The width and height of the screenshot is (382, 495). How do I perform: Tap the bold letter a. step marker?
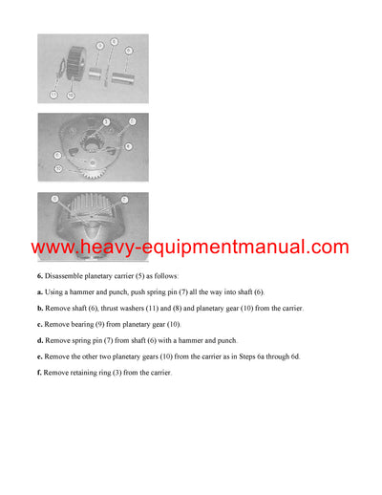(x=40, y=291)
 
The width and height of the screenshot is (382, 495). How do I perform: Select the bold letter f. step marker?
(x=40, y=372)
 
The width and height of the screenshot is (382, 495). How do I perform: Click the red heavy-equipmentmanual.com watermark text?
(x=191, y=247)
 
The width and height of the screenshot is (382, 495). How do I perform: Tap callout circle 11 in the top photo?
(x=53, y=96)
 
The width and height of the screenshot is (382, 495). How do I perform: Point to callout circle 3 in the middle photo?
(x=107, y=121)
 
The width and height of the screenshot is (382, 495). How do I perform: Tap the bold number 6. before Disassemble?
(x=40, y=275)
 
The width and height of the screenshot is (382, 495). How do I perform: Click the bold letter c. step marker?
(x=40, y=324)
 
